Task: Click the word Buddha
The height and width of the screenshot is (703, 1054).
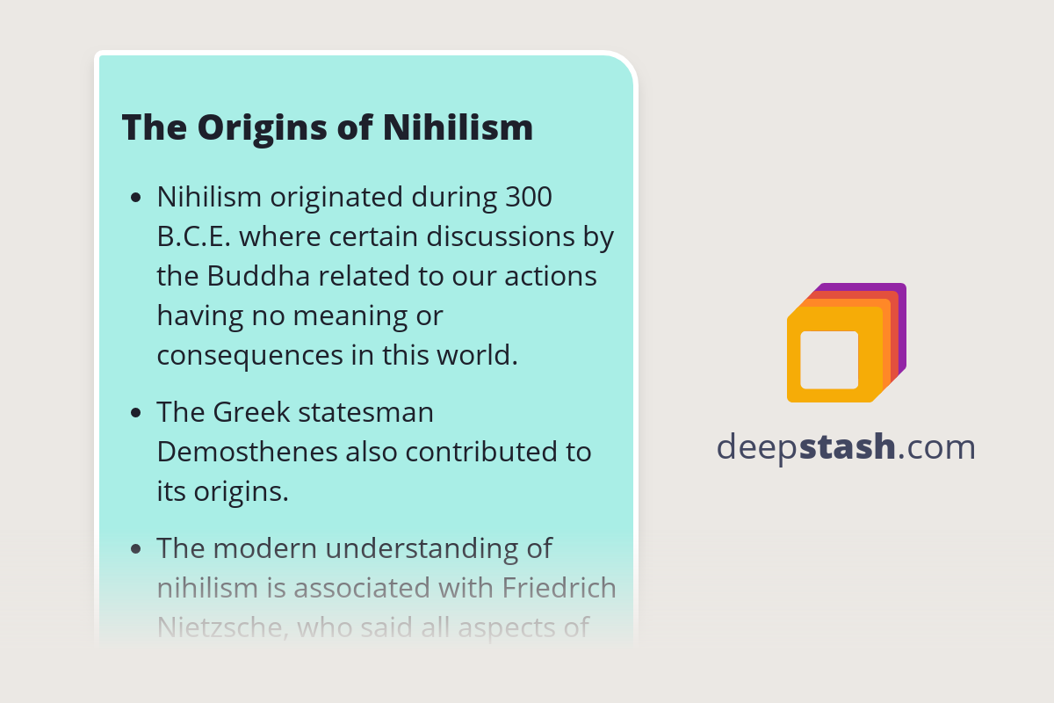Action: pos(259,276)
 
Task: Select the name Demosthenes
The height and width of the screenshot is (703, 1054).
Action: pos(247,452)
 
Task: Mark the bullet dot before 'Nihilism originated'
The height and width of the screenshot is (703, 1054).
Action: pos(135,199)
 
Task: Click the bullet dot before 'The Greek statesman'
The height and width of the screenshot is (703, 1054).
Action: pos(135,413)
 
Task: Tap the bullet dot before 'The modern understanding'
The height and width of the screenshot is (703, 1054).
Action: pos(135,549)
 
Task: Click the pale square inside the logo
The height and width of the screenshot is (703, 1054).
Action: pos(829,359)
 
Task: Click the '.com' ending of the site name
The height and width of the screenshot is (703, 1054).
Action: pos(937,447)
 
